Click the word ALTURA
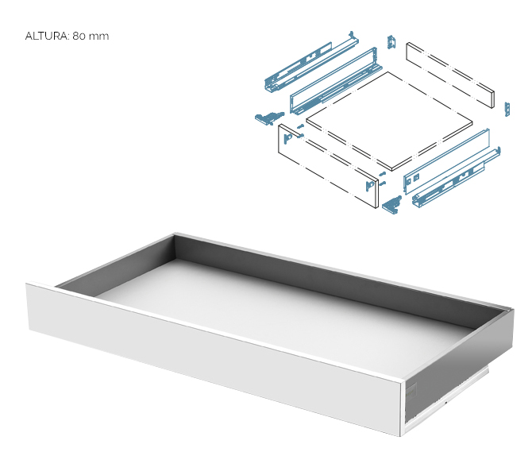[47, 36]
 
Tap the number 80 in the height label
[79, 36]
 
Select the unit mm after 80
[98, 37]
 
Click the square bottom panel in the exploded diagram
[389, 121]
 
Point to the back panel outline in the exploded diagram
[450, 75]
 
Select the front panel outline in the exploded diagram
[328, 166]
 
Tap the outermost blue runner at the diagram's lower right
[457, 177]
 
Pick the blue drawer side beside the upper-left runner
[336, 81]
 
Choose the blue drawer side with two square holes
[446, 161]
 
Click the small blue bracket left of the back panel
[391, 42]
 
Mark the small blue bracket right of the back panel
[507, 110]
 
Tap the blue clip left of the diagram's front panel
[268, 118]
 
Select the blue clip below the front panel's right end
[392, 204]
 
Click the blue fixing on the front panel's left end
[287, 138]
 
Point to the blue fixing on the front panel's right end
[369, 186]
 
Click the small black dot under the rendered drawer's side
[445, 403]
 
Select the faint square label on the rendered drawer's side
[411, 391]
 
